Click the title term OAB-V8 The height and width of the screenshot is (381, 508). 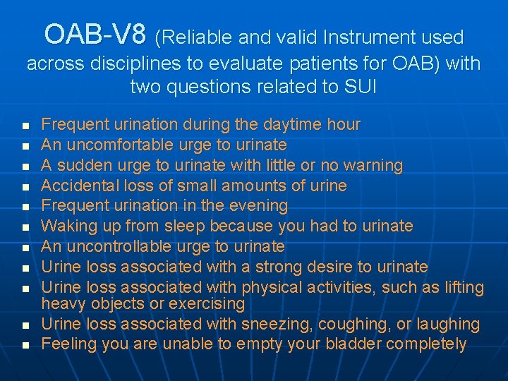point(95,34)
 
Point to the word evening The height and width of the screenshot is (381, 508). point(257,206)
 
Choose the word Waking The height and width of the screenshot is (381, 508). point(66,226)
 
